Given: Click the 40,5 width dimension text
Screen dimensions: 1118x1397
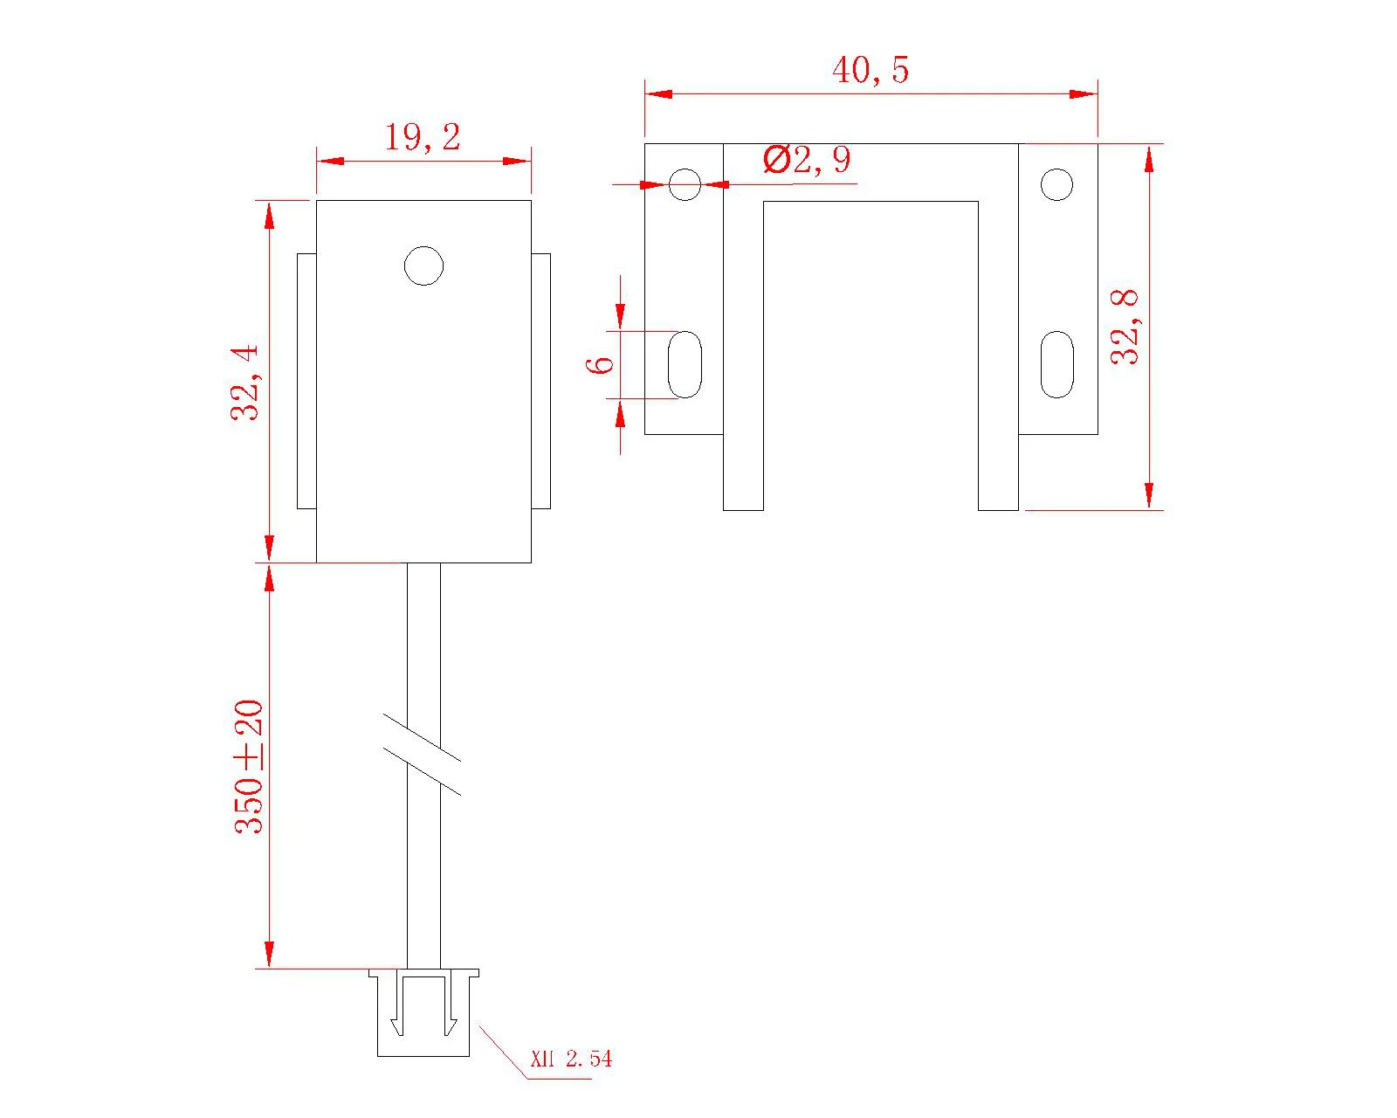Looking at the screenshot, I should coord(871,70).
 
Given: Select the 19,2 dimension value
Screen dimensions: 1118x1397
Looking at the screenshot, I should coord(423,138).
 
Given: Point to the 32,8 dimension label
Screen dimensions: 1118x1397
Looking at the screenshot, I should coord(1125,327).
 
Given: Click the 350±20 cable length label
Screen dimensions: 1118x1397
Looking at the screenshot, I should coord(250,767).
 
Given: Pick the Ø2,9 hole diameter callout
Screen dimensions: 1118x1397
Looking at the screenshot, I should coord(807,160).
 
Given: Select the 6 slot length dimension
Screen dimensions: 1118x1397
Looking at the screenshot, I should coord(602,363).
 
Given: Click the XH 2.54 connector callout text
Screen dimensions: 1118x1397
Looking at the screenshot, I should coord(572,1059).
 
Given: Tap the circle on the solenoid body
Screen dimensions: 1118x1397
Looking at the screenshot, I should coord(424,266).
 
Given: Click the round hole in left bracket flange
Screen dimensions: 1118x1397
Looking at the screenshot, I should coord(685,184).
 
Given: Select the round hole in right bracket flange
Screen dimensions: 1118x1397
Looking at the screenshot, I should coord(1056,184).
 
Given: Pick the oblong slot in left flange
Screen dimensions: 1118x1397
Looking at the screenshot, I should coord(685,364).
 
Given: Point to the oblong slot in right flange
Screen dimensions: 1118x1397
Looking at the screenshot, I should coord(1056,364).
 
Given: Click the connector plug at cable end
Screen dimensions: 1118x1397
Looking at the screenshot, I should coord(423,1013).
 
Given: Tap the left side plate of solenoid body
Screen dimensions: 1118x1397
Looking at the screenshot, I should coord(306,381).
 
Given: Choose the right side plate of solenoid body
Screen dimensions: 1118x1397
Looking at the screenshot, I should coord(541,381).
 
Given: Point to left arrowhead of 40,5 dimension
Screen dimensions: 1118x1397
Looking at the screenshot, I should coord(657,93).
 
